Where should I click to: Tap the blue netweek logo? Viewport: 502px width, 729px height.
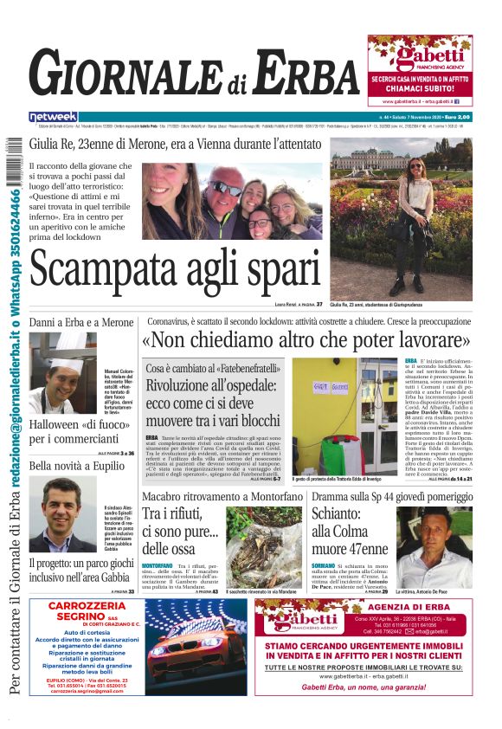coord(54,116)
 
